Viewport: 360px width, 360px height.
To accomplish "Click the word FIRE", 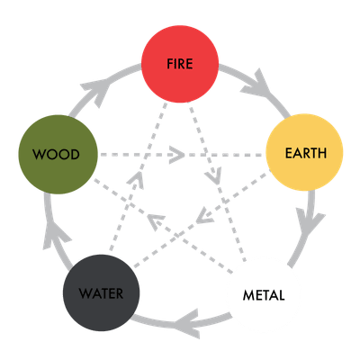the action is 180,64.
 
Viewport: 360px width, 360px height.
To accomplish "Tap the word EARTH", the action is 306,153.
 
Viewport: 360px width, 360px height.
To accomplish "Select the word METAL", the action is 264,295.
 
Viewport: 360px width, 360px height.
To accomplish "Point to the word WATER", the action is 101,293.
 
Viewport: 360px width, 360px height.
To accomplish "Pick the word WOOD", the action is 56,155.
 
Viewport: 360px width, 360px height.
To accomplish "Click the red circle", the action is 180,64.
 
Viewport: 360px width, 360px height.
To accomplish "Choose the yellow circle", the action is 304,152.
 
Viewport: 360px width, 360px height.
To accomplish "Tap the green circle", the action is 58,154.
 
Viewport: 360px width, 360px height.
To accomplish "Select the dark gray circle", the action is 102,292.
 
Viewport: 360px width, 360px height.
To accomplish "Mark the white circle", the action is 264,295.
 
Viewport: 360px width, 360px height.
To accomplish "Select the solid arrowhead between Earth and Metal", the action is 310,223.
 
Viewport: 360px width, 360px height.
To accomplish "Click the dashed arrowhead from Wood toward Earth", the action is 177,155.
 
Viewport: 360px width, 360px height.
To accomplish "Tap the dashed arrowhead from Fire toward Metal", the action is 213,176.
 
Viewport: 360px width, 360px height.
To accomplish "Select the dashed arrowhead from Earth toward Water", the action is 205,216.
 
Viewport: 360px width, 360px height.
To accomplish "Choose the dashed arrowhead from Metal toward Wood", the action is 156,222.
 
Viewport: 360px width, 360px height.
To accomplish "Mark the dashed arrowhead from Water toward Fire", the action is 136,180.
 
